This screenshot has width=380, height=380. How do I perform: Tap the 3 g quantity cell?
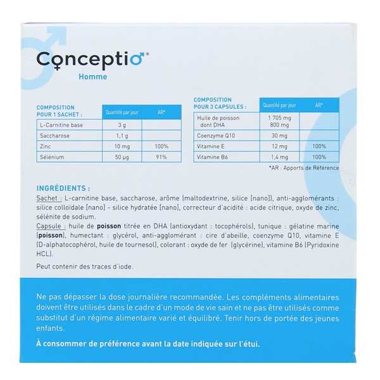(112, 126)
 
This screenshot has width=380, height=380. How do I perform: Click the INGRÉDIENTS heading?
(64, 188)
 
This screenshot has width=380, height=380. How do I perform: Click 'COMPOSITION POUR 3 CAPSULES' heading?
(216, 104)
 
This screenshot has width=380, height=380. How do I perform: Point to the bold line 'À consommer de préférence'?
(148, 344)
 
